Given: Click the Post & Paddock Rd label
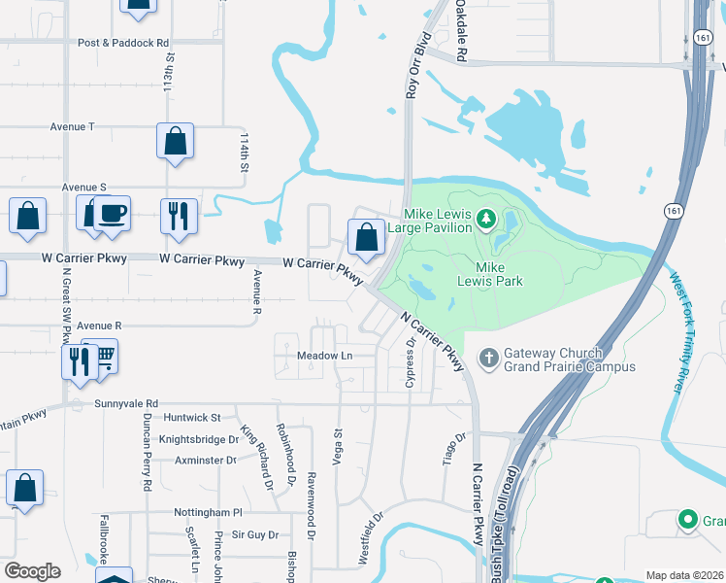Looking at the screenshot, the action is tap(123, 43).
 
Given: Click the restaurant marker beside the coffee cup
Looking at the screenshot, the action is tap(177, 215).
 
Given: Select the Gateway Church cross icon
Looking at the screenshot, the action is tap(488, 360).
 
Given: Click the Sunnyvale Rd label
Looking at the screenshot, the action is tap(126, 403).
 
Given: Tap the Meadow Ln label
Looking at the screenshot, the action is tap(324, 357).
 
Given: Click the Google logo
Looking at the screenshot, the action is tap(32, 571).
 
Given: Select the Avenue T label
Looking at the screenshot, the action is tap(73, 126).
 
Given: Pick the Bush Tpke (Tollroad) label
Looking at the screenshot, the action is tap(511, 516).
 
